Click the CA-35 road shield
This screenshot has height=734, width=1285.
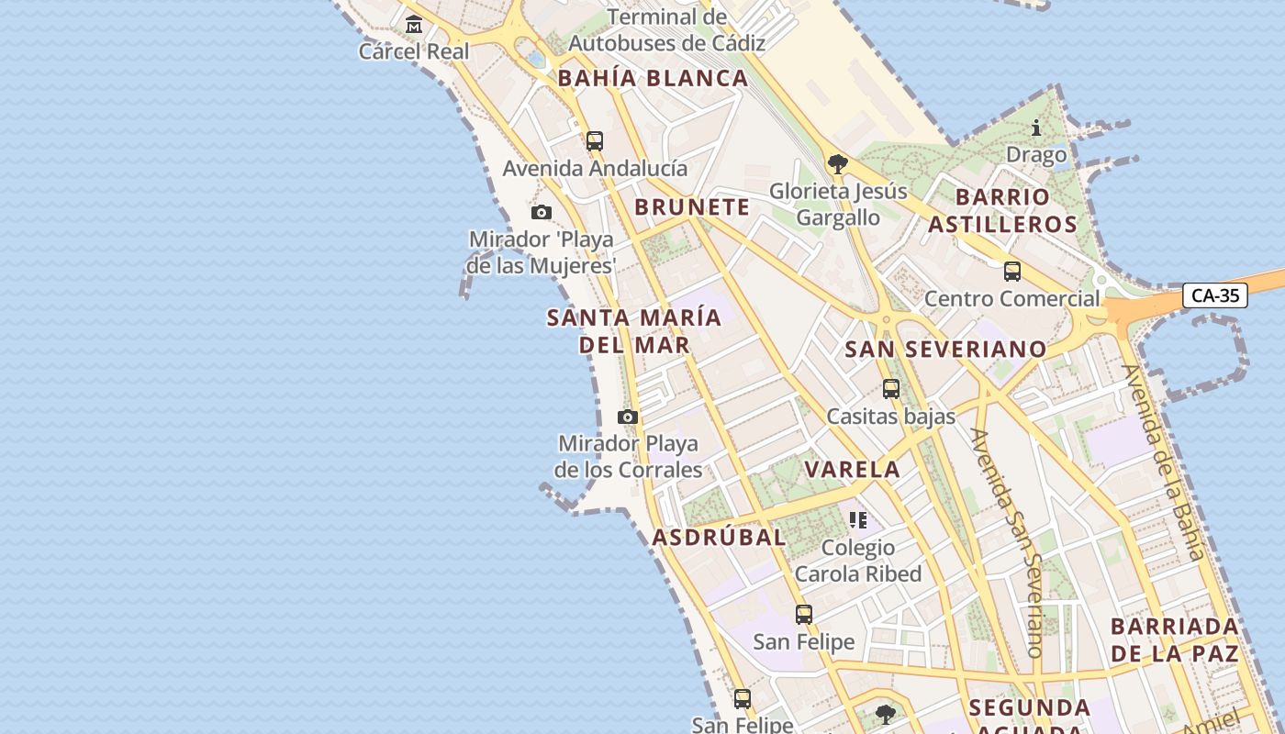coord(1214,295)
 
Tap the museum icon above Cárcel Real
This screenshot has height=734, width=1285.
coord(414,24)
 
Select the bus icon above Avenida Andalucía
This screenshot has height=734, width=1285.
coord(595,141)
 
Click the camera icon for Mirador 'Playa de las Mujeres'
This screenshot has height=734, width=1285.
coord(542,213)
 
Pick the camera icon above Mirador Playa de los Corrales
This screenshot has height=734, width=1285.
coord(628,417)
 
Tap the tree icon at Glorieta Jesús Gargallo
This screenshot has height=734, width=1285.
coord(837,164)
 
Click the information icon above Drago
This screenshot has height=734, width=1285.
coord(1036,128)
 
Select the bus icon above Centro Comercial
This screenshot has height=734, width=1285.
coord(1012,272)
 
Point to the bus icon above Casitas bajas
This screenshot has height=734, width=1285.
coord(891,389)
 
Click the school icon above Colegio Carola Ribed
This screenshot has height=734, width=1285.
coord(858,520)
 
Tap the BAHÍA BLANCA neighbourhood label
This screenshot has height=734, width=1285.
coord(654,79)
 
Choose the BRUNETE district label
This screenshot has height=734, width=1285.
coord(692,207)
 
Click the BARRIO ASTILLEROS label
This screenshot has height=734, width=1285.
coord(1002,210)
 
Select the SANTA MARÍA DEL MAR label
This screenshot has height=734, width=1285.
coord(634,331)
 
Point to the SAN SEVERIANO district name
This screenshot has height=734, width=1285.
coord(945,350)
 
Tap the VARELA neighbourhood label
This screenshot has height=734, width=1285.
coord(853,470)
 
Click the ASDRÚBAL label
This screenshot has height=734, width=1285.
coord(719,538)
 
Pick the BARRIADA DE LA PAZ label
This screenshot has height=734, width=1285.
coord(1175,640)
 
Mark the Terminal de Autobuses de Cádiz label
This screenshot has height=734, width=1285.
coord(667,30)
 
